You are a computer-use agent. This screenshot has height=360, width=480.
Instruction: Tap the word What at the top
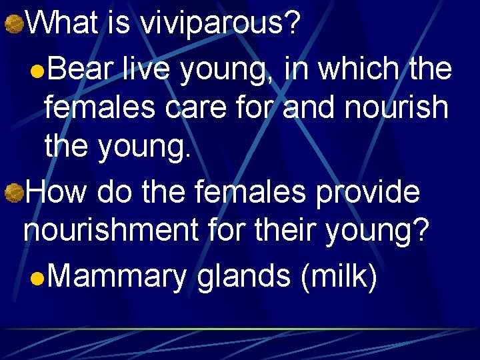click(63, 23)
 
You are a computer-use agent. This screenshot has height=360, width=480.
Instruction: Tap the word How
click(59, 193)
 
